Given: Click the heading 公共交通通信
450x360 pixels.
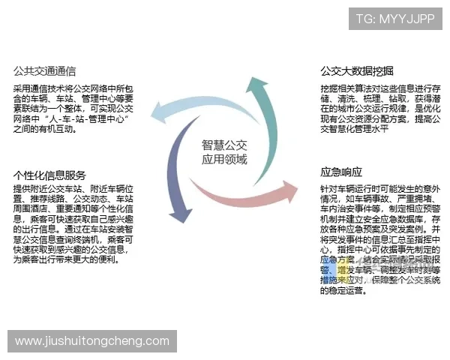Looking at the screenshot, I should pos(45,72).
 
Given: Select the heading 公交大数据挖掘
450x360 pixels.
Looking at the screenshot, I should pos(357,72).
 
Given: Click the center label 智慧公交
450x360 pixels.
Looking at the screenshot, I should pos(224,145).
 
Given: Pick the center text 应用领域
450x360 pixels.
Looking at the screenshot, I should pos(224,159).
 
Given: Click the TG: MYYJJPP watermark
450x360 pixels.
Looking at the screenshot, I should pos(394,18).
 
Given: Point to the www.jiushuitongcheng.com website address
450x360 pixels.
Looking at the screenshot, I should pos(92,341).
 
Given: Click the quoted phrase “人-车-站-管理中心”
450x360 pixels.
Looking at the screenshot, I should pos(88,119).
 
